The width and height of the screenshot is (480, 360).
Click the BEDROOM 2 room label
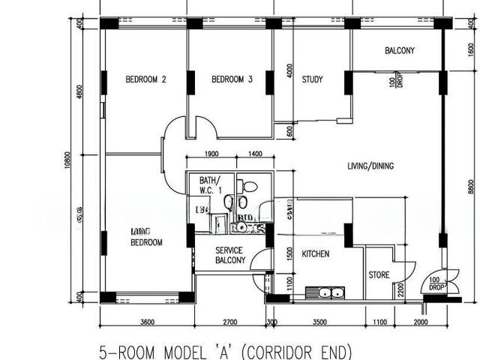145,79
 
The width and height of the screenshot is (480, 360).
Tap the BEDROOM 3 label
232,79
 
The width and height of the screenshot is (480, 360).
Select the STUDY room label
312,79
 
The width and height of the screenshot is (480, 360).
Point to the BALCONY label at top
400,51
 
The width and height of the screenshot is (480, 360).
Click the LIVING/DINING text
370,166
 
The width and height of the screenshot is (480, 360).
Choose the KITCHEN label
315,254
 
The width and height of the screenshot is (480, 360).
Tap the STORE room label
379,275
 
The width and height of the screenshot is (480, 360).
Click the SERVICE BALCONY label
230,255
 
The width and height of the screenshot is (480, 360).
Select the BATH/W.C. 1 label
211,185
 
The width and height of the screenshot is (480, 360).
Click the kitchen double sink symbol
325,292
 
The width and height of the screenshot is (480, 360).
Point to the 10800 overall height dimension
67,163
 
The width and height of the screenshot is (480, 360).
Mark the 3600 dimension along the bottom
147,322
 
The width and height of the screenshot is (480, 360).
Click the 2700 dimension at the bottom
229,322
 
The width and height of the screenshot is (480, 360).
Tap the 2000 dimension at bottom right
421,322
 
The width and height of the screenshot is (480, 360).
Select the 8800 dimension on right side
471,185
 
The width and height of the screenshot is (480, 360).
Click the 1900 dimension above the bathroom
211,154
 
